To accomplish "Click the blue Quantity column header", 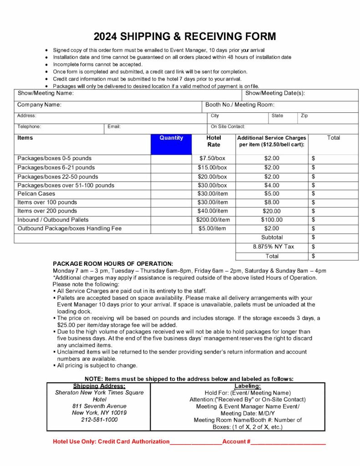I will pos(171,138).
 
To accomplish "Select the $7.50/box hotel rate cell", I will pos(212,158).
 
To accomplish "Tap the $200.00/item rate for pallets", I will pos(213,220).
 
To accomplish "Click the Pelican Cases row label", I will pos(36,193).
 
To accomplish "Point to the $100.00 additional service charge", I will pos(272,220).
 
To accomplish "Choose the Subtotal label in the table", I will pos(272,237).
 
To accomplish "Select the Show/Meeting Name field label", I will pos(46,93).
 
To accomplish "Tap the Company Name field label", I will pos(40,105).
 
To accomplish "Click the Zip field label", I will pos(304,116).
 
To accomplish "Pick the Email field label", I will pos(114,127).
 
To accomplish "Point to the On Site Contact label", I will pos(228,127).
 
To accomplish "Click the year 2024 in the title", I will pos(106,36).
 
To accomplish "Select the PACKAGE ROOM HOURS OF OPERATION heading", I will pos(113,263).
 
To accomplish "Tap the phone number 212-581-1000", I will pos(99,420).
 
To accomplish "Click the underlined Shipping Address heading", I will pos(99,386).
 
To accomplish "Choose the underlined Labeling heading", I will pos(248,386).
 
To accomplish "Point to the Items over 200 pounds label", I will pos(47,211).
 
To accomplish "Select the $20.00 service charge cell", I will pos(272,211).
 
